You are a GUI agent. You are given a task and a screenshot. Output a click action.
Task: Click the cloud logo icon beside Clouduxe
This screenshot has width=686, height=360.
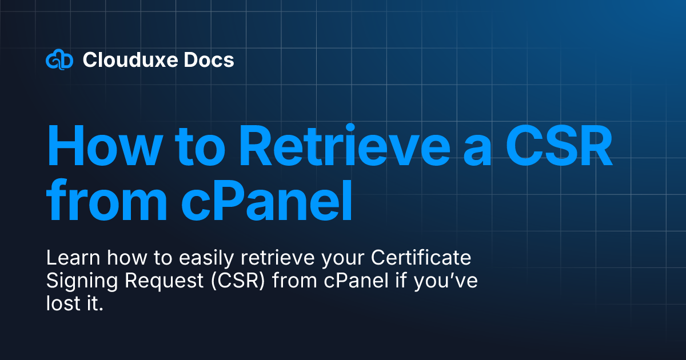pyautogui.click(x=59, y=60)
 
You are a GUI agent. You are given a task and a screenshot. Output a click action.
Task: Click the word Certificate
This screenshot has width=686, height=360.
pyautogui.click(x=421, y=259)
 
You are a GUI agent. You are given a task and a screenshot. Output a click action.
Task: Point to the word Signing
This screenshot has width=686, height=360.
pyautogui.click(x=77, y=282)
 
